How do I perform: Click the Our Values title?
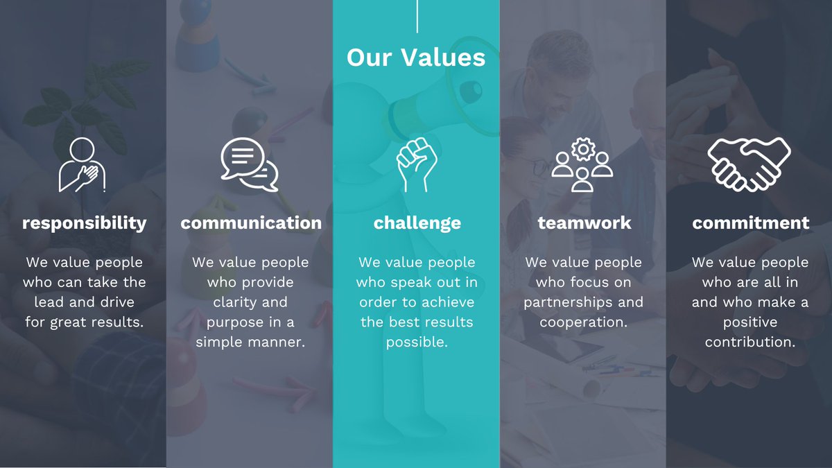tap(416, 57)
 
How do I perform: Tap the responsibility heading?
tap(84, 223)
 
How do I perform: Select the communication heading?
tap(251, 223)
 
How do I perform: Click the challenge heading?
tap(417, 223)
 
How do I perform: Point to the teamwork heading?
tap(584, 223)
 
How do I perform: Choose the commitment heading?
tap(750, 223)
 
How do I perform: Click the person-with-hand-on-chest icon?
tap(83, 165)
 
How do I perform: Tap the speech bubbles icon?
tap(250, 165)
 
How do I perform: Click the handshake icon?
tap(749, 164)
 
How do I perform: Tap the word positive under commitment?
tap(749, 322)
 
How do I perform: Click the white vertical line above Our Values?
tap(417, 16)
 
